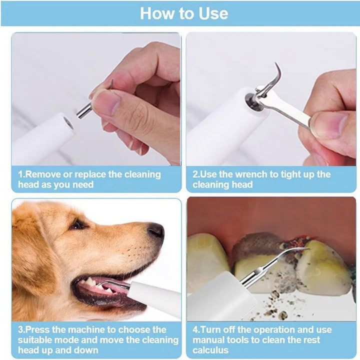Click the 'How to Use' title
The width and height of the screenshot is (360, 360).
183,13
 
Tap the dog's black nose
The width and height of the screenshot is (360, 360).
155,230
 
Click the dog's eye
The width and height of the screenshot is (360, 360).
77,224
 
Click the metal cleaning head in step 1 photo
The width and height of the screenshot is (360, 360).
84,110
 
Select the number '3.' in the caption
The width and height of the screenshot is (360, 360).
21,329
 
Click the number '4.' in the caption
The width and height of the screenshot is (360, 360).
196,329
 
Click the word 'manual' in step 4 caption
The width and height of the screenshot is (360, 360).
210,340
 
